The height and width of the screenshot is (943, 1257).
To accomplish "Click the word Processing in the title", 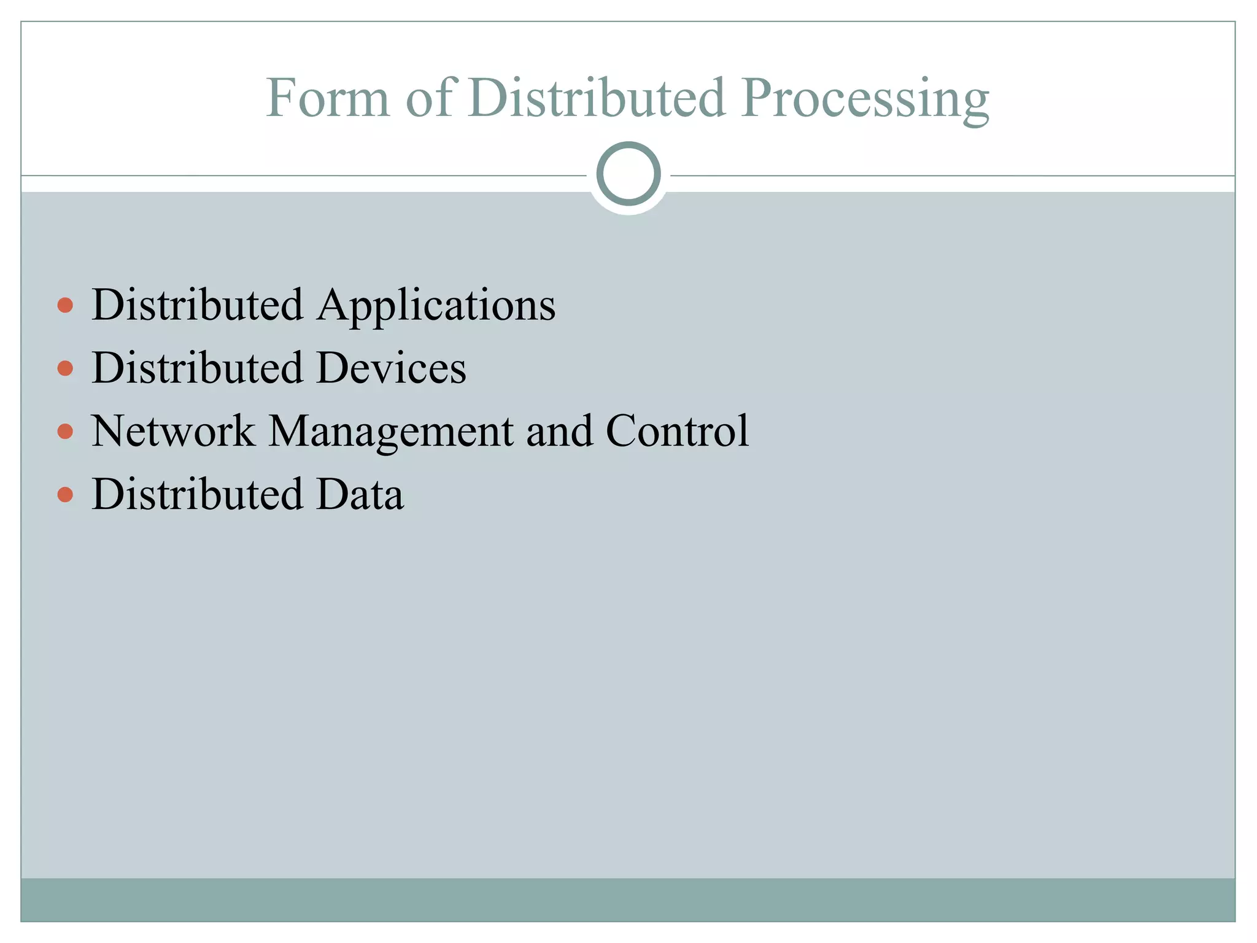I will (x=865, y=99).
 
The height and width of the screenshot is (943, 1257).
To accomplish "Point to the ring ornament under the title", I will (x=628, y=174).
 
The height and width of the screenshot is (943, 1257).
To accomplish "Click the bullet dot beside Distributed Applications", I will (x=65, y=305).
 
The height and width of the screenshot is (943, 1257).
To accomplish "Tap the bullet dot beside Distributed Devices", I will (x=65, y=368).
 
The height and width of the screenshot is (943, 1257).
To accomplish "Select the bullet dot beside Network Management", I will (x=65, y=432).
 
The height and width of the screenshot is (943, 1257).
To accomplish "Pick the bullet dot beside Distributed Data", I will (x=65, y=494).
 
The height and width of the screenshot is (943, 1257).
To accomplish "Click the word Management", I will (x=391, y=432).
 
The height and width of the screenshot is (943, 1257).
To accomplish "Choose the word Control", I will (x=678, y=431).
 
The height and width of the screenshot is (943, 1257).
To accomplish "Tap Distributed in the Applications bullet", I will (x=197, y=305).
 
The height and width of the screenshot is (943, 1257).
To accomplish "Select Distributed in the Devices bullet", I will (x=197, y=368).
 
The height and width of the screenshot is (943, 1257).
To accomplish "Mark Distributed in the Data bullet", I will (x=197, y=494).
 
